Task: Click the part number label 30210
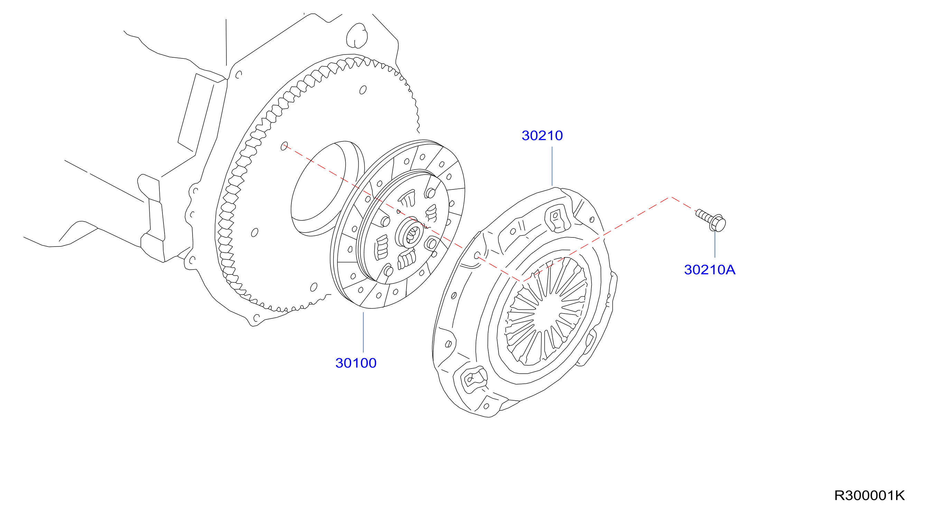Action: [x=542, y=136]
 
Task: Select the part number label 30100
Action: [x=356, y=363]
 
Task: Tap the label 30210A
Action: [x=709, y=270]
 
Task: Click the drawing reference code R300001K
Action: [x=869, y=496]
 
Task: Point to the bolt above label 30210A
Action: [x=711, y=220]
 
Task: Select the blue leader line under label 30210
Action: [x=552, y=167]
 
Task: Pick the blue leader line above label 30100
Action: [x=363, y=333]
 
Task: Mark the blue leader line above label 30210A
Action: [x=715, y=244]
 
